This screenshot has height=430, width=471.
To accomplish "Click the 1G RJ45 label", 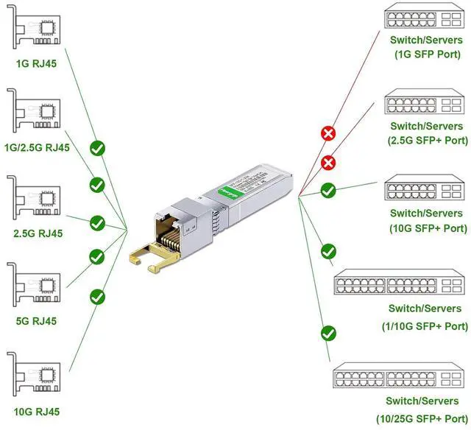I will pos(36,63).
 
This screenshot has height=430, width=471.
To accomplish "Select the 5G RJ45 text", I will pos(36,321).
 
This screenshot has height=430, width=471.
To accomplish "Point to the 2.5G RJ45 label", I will pos(36,233).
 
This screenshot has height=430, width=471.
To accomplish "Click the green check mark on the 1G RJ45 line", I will pos(97,149).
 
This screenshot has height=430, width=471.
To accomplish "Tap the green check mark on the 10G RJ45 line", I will pos(97,297).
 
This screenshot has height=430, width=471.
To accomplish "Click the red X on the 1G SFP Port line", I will pos(328,133).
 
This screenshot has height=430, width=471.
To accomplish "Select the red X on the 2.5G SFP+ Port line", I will pos(328,163).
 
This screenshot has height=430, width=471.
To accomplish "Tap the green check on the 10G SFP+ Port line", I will pos(328,190).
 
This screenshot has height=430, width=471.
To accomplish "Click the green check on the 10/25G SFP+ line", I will pos(328,333).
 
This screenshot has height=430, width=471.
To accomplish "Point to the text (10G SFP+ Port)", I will pos(428,228).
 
